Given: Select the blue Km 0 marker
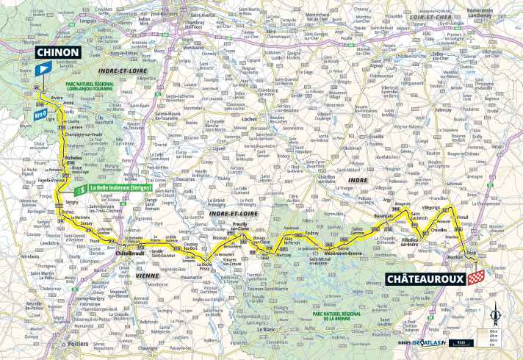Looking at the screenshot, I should tap(41, 113).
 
